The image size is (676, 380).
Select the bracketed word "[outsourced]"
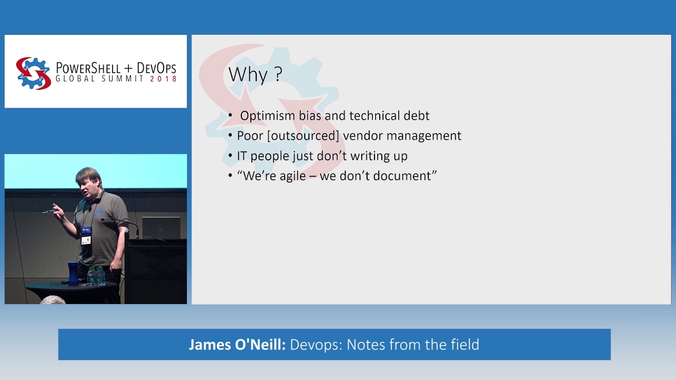click(303, 136)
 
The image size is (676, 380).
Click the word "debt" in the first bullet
click(416, 116)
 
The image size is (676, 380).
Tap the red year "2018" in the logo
click(163, 79)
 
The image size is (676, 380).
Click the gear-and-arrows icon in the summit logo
click(33, 73)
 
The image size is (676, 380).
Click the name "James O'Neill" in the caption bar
click(237, 345)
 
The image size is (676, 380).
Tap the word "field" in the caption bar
click(463, 345)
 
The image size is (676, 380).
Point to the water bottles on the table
click(96, 275)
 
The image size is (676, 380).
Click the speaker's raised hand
click(57, 212)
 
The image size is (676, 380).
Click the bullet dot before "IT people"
click(230, 156)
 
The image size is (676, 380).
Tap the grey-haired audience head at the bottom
click(52, 300)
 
